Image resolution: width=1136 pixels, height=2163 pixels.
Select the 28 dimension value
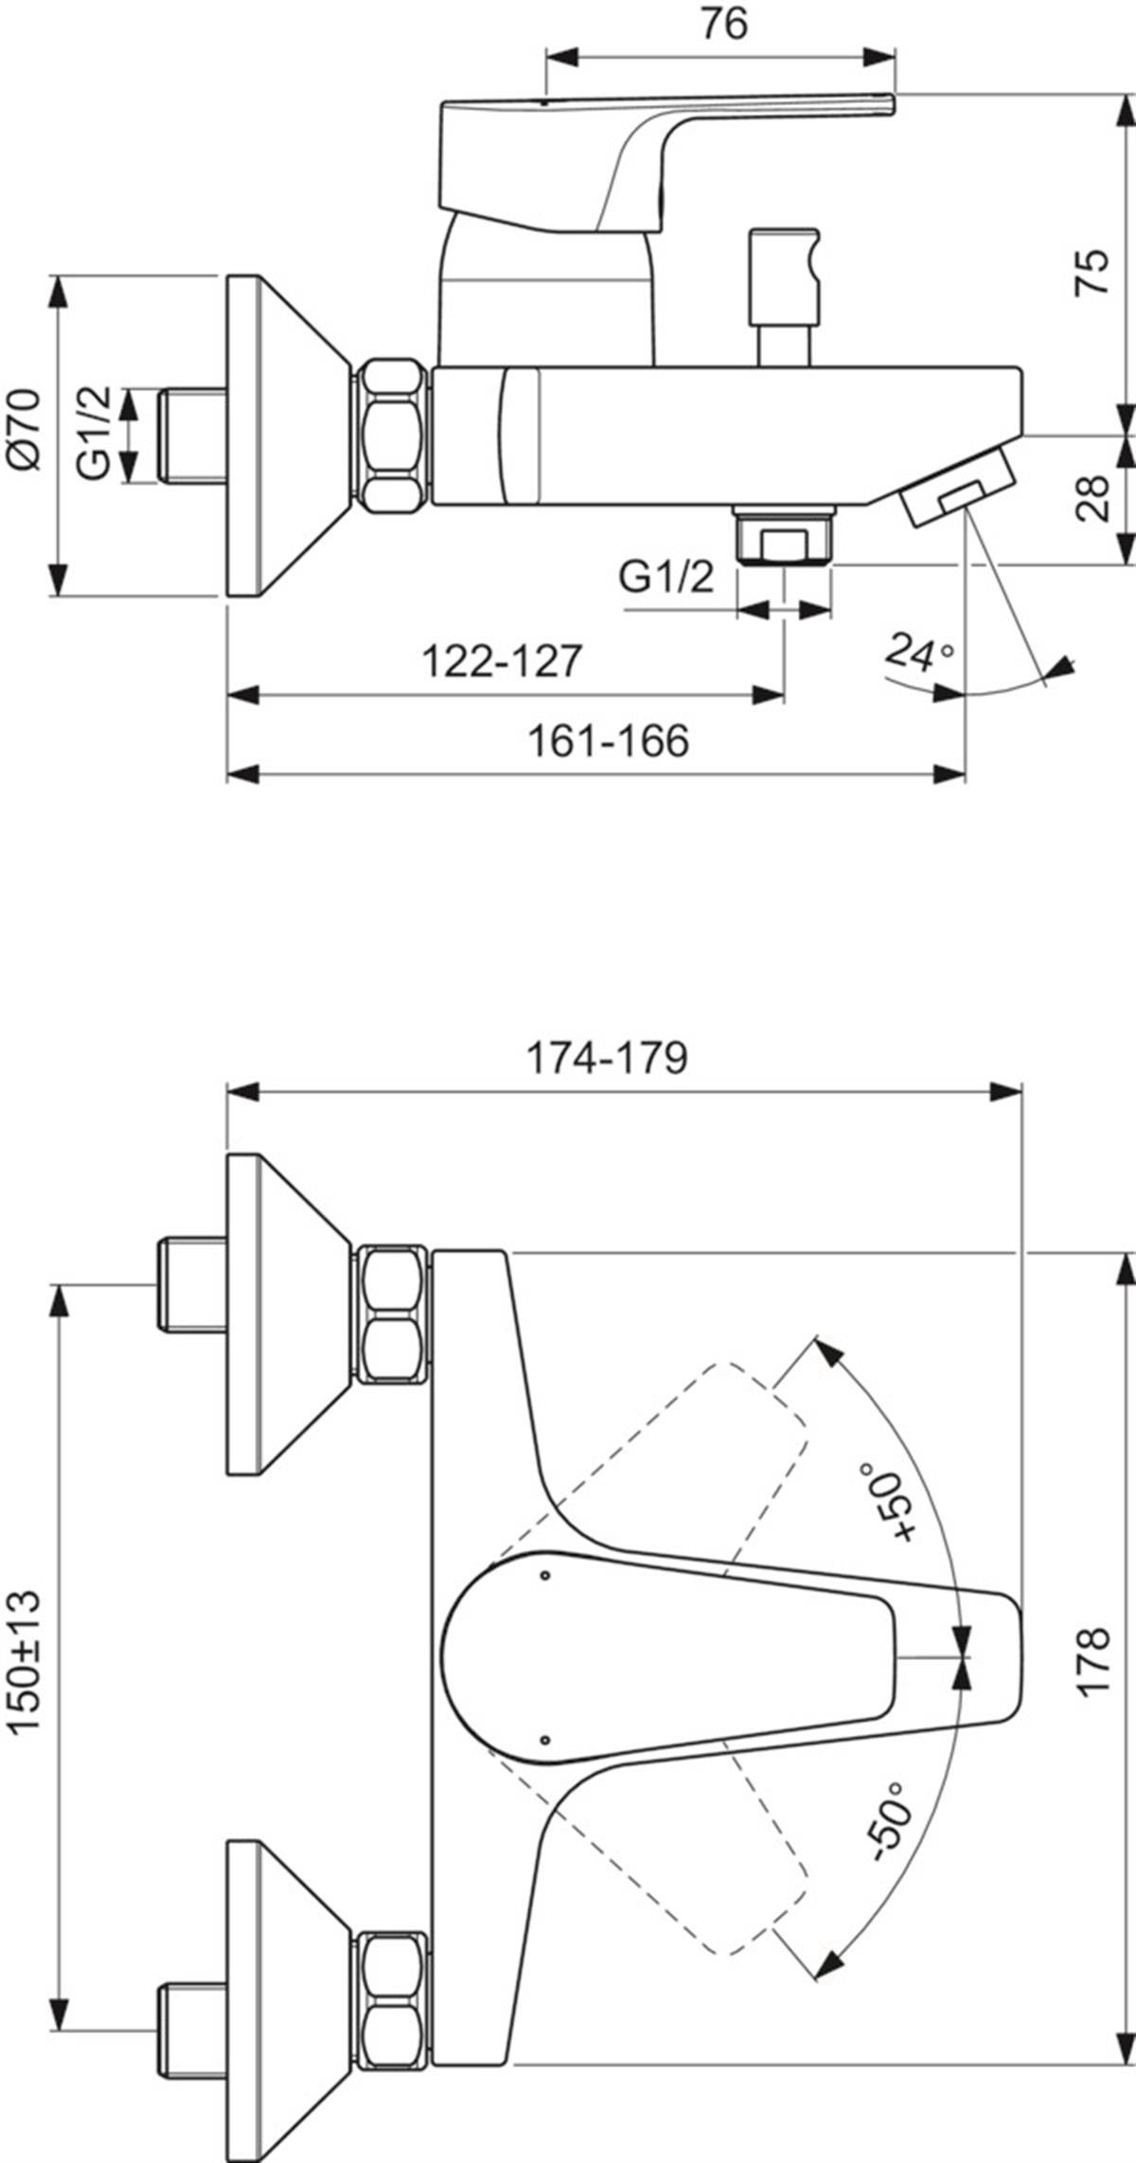(x=1093, y=498)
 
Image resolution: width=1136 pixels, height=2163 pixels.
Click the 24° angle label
(x=919, y=653)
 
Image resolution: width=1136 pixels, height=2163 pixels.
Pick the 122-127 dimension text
(x=501, y=660)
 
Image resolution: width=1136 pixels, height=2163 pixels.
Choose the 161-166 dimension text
(x=608, y=741)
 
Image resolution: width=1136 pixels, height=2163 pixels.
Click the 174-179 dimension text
(x=607, y=1058)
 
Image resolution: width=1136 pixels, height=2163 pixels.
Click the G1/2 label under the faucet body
(x=666, y=577)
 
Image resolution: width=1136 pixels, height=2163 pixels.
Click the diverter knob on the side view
(x=784, y=295)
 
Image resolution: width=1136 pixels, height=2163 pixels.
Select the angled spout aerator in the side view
(x=955, y=487)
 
